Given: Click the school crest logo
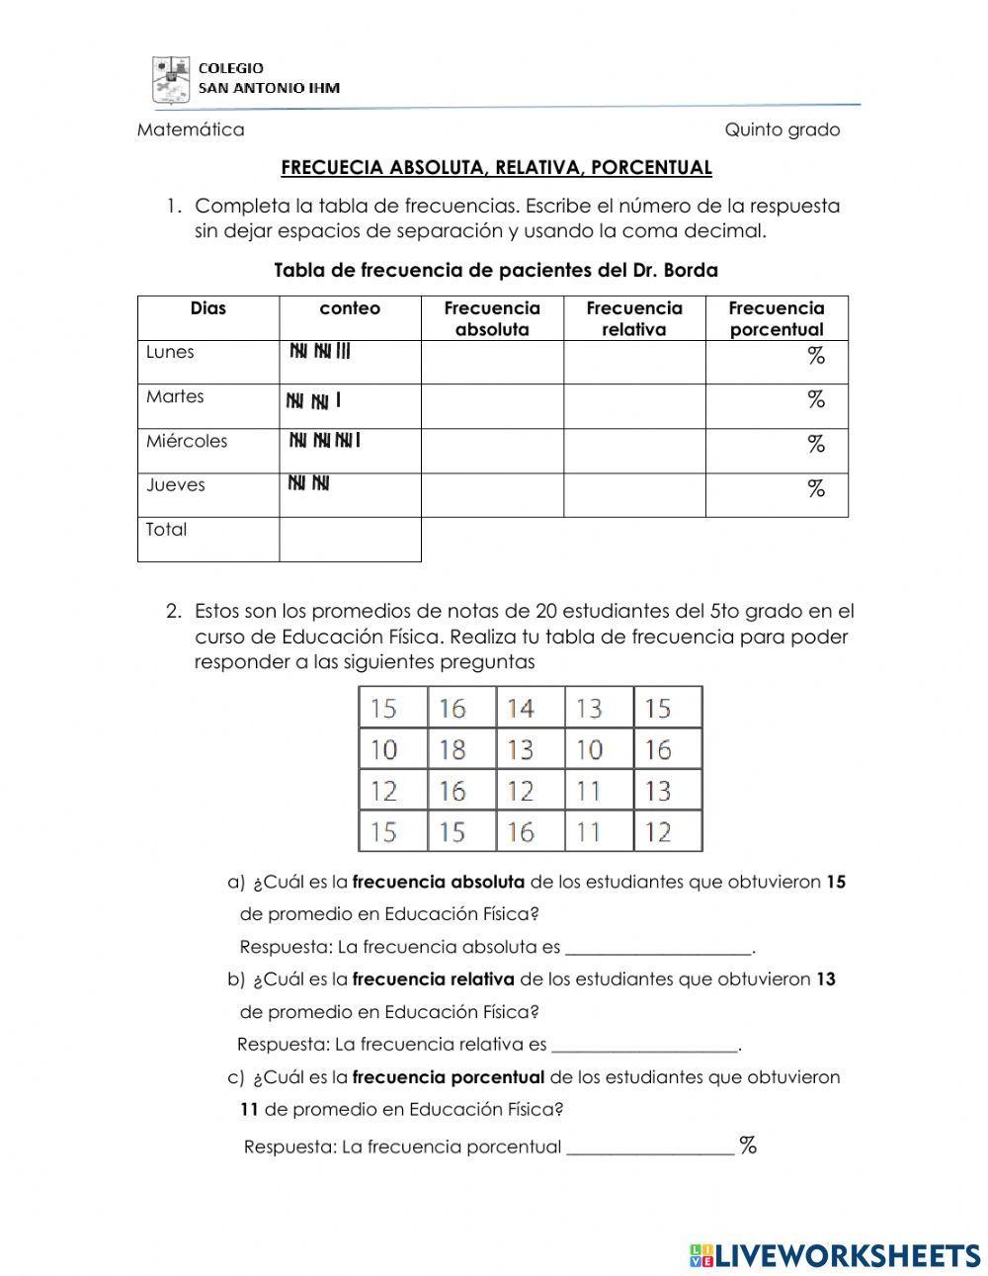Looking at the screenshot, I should [x=170, y=79].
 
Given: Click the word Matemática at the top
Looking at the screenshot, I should [x=191, y=129].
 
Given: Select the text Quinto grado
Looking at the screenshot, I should [x=782, y=129].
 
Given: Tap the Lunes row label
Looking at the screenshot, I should [x=170, y=352].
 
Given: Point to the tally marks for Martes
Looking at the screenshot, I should [x=313, y=400].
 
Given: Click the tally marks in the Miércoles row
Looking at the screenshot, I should [x=324, y=441].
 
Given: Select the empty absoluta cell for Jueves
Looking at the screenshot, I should [x=492, y=494].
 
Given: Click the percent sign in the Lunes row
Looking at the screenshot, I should [x=815, y=357].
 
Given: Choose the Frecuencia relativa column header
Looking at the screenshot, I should [x=633, y=318].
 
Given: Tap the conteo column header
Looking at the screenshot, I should [x=350, y=308].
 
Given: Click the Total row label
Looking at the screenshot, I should [x=166, y=530].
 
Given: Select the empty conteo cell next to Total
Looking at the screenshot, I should [x=350, y=539].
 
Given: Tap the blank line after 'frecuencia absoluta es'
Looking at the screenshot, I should [x=658, y=948].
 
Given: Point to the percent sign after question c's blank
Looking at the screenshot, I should [x=748, y=1147].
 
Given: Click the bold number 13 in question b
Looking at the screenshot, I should [x=826, y=979].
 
